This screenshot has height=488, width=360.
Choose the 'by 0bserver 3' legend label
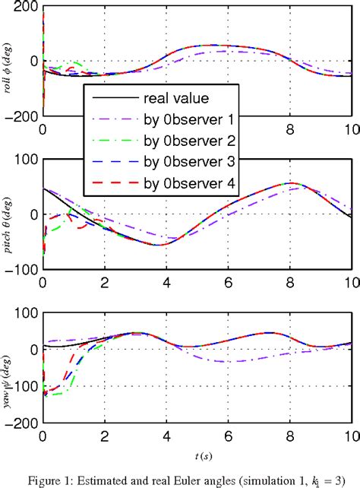tap(185, 161)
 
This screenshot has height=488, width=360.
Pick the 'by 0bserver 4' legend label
tap(185, 182)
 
